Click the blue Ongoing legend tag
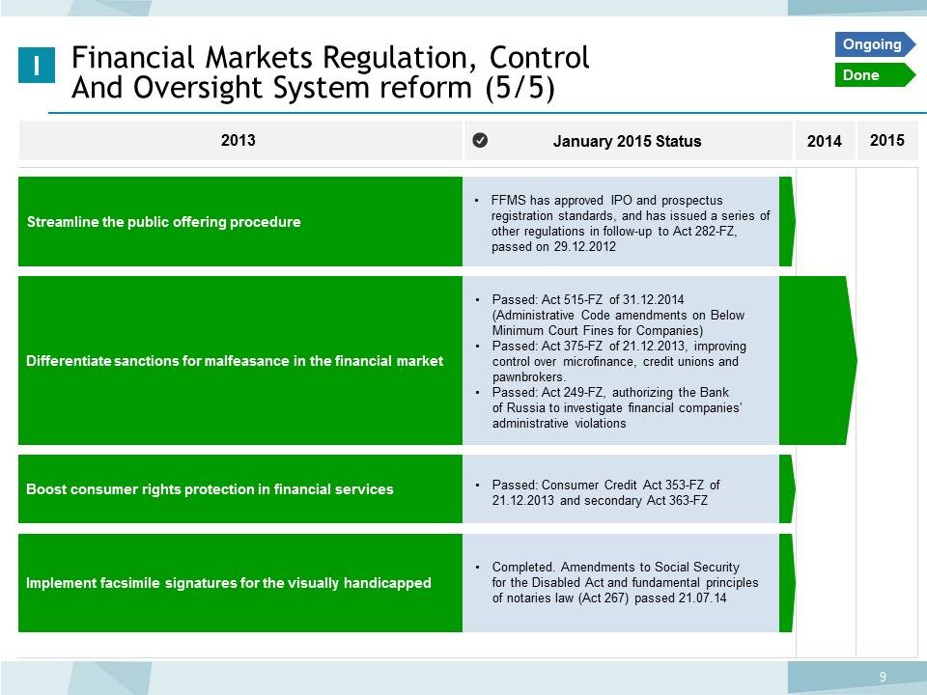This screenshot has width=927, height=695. click(x=875, y=44)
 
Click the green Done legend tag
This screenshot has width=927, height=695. click(x=875, y=75)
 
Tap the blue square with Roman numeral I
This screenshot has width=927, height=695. click(x=37, y=65)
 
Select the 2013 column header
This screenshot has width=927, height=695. click(x=239, y=140)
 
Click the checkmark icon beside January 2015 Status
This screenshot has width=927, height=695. click(x=480, y=140)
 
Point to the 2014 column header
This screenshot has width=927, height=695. click(x=824, y=141)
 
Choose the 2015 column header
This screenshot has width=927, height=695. click(x=886, y=140)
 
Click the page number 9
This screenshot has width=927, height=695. click(x=883, y=677)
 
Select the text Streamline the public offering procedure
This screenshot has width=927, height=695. click(x=164, y=222)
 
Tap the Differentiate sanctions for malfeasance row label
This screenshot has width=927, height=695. click(x=235, y=360)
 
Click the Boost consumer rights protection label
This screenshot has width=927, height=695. click(x=210, y=489)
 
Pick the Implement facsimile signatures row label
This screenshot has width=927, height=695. click(x=229, y=583)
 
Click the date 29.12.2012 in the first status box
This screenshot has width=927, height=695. click(x=585, y=246)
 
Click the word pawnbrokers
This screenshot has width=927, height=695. click(x=529, y=377)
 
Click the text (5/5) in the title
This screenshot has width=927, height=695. click(x=520, y=89)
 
